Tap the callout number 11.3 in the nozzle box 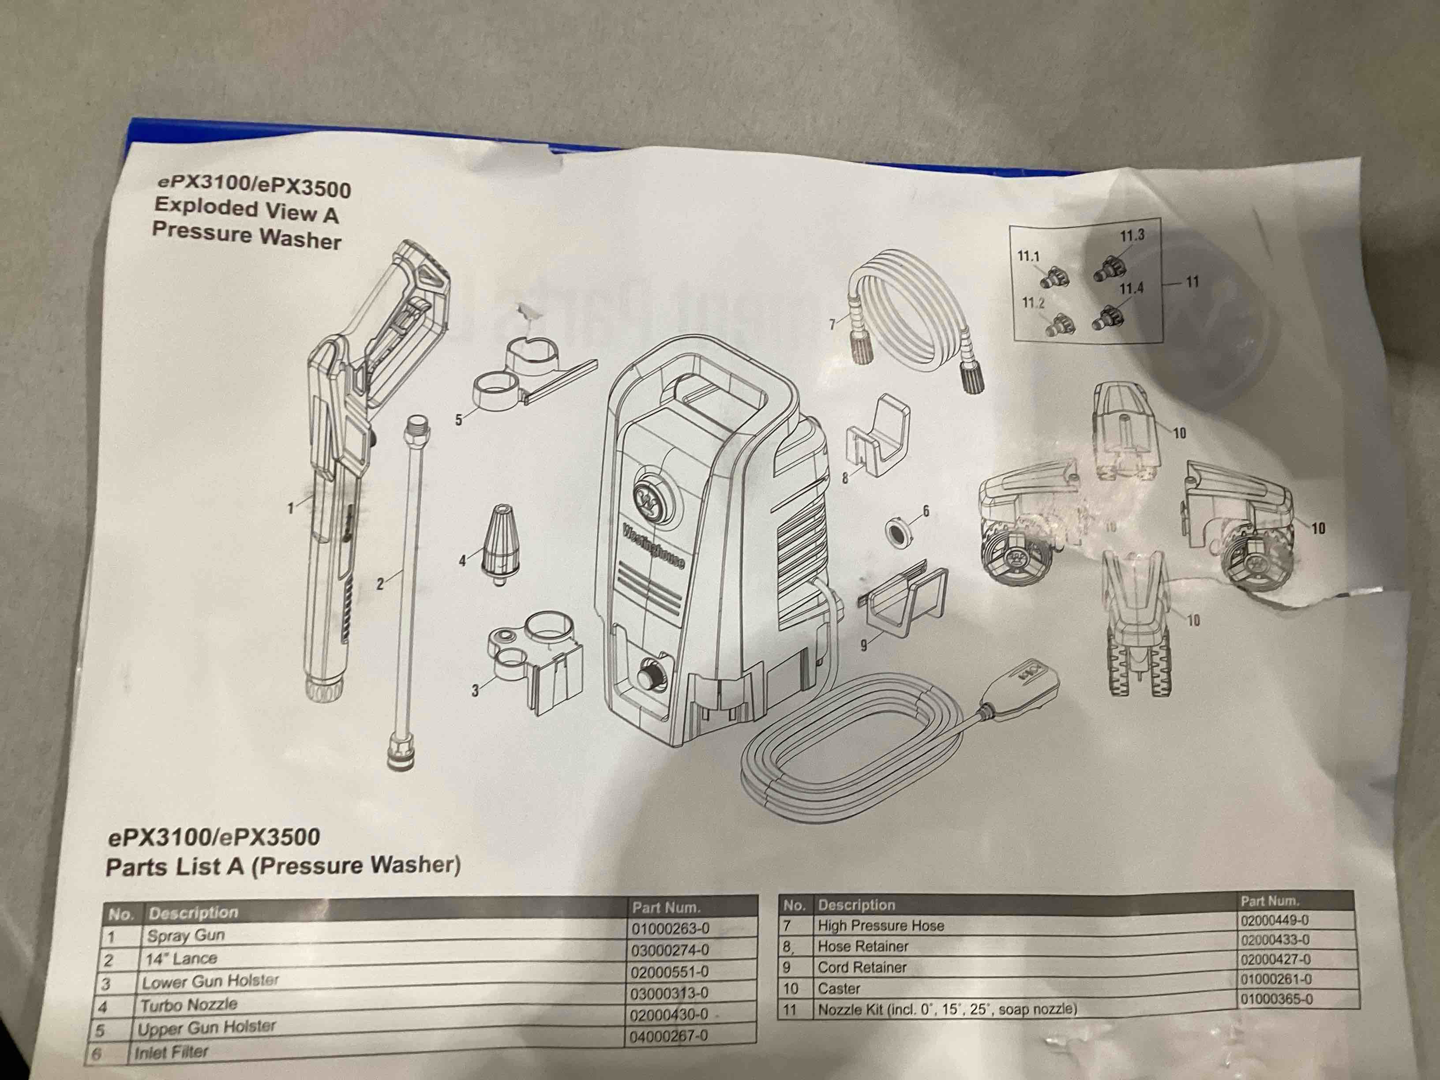[1132, 236]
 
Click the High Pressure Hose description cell [880, 925]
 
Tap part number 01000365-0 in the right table [1276, 999]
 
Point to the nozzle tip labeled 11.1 [1056, 279]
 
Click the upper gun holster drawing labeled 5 [521, 378]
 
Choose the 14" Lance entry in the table [181, 958]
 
